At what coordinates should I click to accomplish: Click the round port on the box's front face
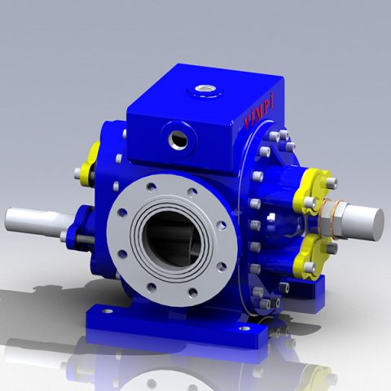[x=178, y=137]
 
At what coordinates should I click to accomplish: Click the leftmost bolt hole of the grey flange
[x=123, y=215]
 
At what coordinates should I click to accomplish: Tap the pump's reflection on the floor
[x=195, y=367]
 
